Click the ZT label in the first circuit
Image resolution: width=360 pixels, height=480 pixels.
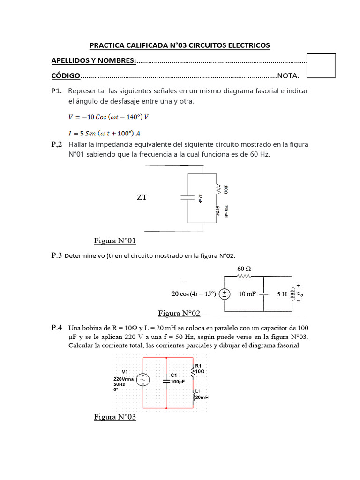142,197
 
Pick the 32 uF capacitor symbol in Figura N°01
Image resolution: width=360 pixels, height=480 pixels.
188,197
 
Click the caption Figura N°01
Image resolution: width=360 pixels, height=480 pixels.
115,241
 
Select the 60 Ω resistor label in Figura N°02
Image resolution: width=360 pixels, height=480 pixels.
245,269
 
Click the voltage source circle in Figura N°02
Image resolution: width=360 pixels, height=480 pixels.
225,294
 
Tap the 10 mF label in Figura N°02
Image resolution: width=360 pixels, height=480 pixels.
248,294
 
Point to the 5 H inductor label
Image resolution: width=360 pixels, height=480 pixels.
282,294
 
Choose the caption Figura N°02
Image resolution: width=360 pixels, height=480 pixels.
179,313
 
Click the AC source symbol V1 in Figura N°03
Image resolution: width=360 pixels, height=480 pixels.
143,380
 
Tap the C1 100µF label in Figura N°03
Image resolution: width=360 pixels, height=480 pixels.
178,378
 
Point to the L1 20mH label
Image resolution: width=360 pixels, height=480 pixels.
201,394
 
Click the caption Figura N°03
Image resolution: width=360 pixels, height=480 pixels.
115,417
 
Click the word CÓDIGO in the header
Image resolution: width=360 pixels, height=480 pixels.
66,76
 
